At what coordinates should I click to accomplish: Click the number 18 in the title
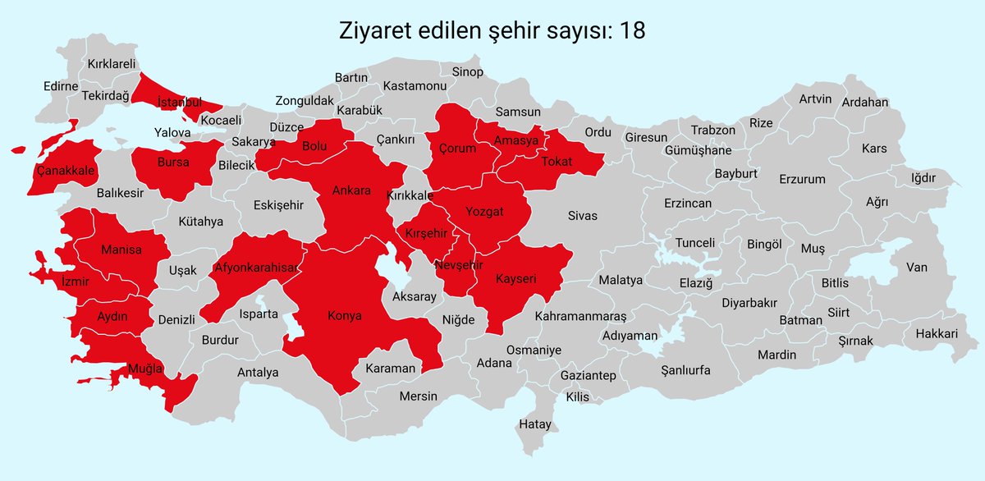click(632, 30)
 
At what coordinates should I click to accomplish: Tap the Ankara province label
click(351, 190)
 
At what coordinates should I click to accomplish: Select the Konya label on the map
click(344, 315)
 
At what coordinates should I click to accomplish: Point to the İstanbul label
click(179, 103)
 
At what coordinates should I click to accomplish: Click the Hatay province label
click(535, 424)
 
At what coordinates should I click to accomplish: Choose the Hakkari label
click(937, 334)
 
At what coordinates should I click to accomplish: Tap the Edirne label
click(61, 86)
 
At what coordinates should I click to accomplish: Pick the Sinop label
click(468, 72)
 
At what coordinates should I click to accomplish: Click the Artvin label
click(815, 99)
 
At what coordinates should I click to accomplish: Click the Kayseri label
click(515, 279)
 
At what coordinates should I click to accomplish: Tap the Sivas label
click(582, 216)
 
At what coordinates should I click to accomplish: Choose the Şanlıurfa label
click(685, 369)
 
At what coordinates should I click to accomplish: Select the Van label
click(916, 268)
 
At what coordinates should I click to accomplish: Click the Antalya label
click(258, 373)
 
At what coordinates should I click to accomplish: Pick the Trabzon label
click(712, 131)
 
